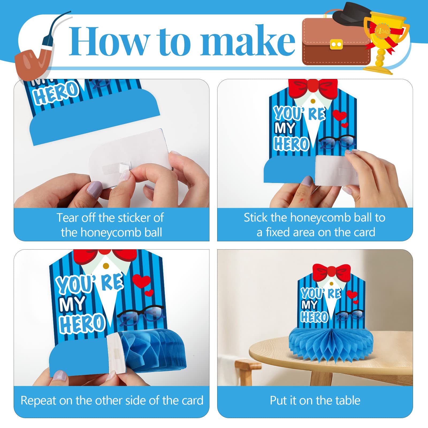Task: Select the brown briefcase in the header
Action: pyautogui.click(x=336, y=42)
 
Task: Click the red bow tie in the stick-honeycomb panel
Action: pyautogui.click(x=313, y=87)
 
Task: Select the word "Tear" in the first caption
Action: pyautogui.click(x=68, y=218)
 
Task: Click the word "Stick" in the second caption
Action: pyautogui.click(x=256, y=217)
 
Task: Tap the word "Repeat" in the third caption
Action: pyautogui.click(x=39, y=401)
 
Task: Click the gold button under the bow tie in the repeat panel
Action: pyautogui.click(x=106, y=266)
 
